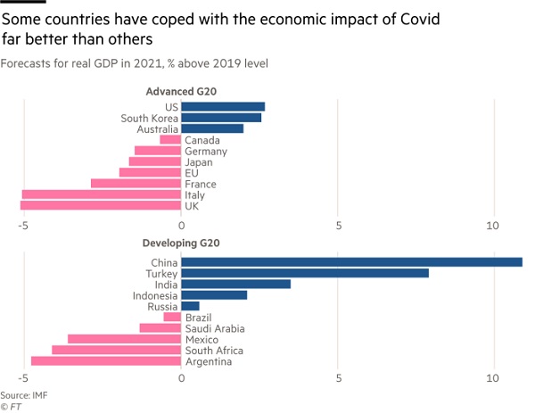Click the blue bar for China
351,262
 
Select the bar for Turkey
305,273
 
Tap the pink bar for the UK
101,206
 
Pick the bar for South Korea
221,118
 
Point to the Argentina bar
106,361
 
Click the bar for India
235,284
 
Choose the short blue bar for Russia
190,306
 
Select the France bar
136,184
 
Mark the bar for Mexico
124,339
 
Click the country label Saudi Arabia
213,328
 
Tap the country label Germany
205,151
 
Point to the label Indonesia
153,295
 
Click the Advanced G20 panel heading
181,92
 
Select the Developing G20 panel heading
181,244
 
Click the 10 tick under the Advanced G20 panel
493,225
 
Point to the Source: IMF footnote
23,394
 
